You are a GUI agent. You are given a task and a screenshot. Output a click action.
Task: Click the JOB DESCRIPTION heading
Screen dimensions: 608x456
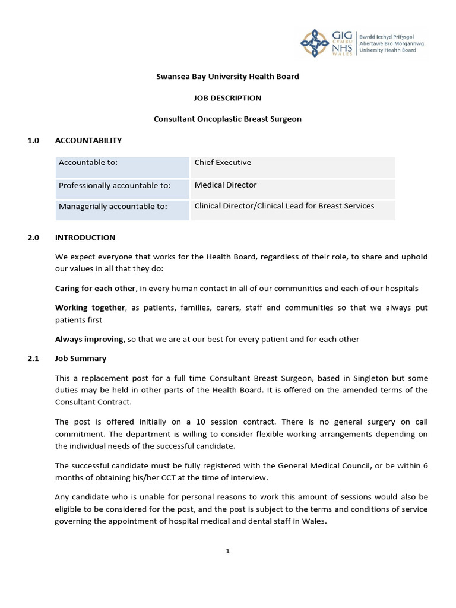click(228, 98)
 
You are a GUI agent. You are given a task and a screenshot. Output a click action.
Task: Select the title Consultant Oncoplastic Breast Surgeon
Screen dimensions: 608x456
click(228, 119)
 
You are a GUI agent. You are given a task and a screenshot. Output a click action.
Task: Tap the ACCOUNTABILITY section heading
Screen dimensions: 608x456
click(88, 140)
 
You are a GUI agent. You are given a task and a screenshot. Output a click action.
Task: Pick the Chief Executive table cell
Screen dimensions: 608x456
click(223, 163)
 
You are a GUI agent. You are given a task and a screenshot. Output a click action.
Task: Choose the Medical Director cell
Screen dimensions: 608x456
click(226, 185)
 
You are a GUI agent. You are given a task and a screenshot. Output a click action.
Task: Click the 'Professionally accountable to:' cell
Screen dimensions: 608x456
click(115, 186)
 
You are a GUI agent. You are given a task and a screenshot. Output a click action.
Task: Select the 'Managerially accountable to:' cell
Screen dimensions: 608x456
click(113, 207)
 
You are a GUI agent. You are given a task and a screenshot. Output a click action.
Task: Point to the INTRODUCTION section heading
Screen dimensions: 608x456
click(85, 237)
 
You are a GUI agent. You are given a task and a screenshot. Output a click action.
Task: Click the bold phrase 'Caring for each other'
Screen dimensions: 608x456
click(96, 289)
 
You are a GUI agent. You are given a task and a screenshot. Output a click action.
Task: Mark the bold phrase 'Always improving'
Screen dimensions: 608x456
click(90, 340)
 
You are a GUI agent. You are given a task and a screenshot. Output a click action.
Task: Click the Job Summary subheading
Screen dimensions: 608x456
click(81, 359)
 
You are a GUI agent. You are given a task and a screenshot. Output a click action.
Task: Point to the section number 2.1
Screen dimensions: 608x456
click(33, 359)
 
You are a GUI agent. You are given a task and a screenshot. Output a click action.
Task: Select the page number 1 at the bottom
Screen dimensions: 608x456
click(227, 551)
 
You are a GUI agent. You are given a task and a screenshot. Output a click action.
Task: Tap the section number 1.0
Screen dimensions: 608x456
click(33, 140)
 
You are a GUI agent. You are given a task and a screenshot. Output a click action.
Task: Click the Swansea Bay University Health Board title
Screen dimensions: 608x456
click(228, 77)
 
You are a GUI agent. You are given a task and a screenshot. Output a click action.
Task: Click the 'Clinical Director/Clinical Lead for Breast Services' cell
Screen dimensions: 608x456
click(284, 206)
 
